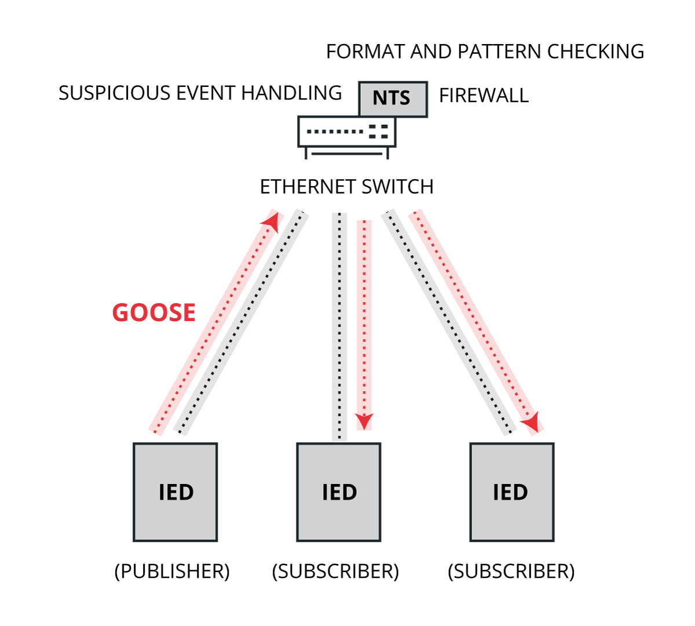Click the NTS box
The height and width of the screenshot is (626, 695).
[393, 99]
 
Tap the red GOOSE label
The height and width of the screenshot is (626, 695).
[153, 312]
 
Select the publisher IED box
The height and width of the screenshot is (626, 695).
[175, 492]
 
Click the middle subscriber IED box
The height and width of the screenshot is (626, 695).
[339, 492]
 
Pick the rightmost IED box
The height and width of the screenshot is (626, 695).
[511, 492]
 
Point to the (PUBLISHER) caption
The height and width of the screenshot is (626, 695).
[172, 572]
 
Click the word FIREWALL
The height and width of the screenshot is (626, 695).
[484, 96]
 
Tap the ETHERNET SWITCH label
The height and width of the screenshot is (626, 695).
[346, 187]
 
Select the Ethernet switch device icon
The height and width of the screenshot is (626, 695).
[346, 134]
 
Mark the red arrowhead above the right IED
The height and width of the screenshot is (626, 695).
[531, 424]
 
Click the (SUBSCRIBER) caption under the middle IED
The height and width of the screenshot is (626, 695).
[335, 572]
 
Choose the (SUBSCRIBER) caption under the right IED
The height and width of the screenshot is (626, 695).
[511, 572]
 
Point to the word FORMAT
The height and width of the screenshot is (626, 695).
[365, 52]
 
